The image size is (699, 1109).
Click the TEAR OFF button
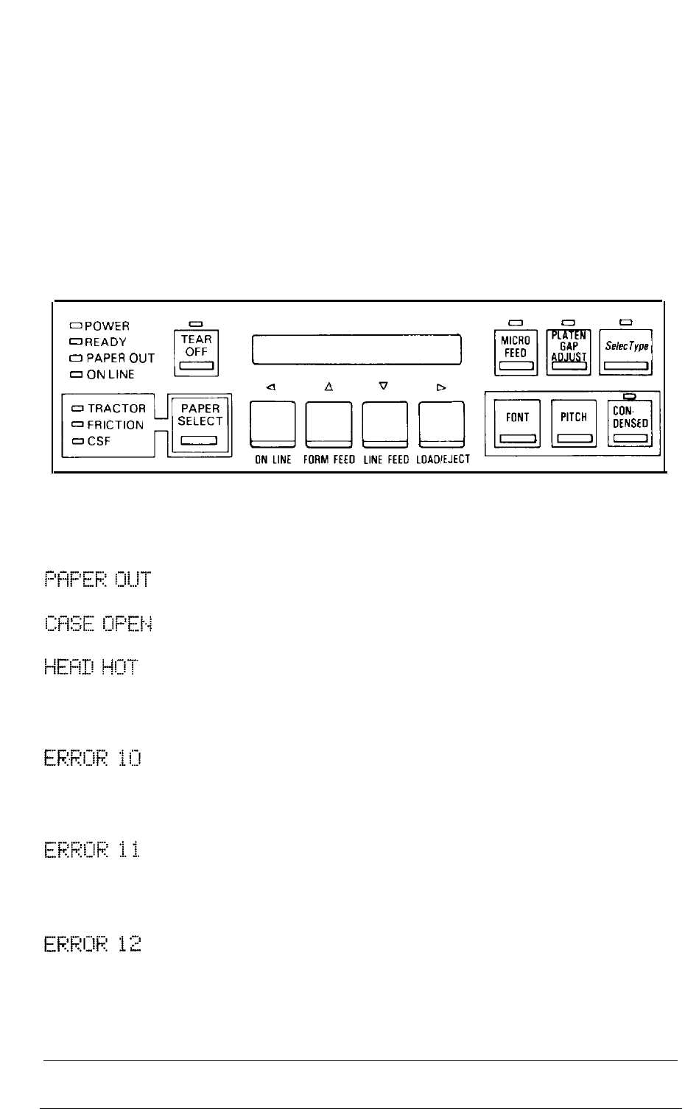196,353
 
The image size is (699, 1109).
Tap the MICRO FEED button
516,353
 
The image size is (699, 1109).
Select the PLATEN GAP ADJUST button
569,352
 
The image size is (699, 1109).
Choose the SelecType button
626,352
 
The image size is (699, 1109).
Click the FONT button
517,423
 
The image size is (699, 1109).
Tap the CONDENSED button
630,423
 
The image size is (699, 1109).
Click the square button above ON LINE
273,424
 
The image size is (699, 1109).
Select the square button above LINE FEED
385,424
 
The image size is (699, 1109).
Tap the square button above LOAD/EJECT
442,424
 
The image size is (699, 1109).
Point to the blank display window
356,350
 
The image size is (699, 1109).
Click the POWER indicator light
76,325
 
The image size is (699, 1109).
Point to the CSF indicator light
78,441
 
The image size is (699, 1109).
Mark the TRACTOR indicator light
78,409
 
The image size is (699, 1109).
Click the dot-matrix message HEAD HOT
91,667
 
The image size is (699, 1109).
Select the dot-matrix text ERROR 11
92,850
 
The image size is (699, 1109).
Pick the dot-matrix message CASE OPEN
98,623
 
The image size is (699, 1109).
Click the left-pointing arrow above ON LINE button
271,387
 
